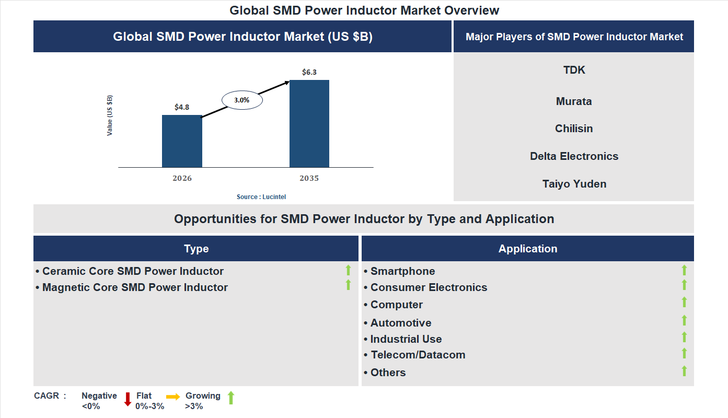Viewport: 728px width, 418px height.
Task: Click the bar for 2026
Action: click(x=182, y=141)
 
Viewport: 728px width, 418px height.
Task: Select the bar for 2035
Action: click(x=309, y=124)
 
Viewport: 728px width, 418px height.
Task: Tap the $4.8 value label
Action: click(x=182, y=107)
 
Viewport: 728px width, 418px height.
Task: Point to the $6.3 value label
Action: click(x=309, y=72)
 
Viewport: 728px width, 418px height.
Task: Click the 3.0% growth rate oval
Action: click(x=242, y=100)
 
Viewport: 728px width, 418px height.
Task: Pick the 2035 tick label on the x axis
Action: click(x=309, y=178)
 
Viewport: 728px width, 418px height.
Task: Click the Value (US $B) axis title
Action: click(x=110, y=115)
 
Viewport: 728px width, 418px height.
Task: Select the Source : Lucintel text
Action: click(x=261, y=197)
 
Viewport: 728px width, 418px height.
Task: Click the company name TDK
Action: click(x=574, y=70)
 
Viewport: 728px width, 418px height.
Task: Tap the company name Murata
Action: click(x=574, y=101)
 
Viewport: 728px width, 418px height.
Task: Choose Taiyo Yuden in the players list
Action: click(x=574, y=184)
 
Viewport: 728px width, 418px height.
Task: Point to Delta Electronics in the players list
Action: click(x=574, y=156)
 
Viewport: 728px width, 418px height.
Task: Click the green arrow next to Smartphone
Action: click(x=684, y=270)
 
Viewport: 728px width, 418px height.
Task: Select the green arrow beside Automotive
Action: click(x=684, y=320)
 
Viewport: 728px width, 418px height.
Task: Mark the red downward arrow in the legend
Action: click(x=128, y=399)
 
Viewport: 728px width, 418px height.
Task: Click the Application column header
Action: click(x=528, y=249)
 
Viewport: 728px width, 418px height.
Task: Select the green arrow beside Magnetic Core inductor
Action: click(x=348, y=285)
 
